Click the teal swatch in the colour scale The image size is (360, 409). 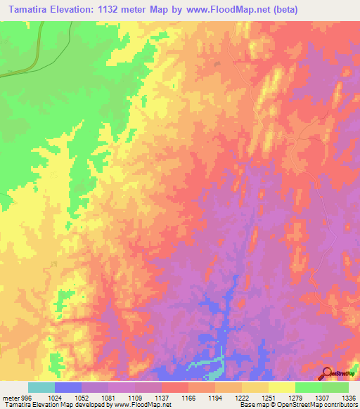point(41,387)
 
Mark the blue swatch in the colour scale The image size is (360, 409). point(67,387)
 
